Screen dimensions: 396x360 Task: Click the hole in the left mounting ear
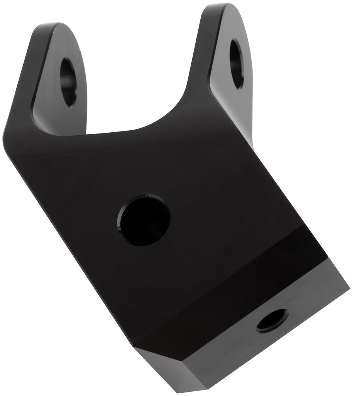tap(69, 82)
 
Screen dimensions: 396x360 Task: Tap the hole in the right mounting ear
tap(237, 64)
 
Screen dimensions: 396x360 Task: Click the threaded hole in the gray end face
tap(272, 320)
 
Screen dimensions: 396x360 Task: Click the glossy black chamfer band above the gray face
tap(232, 294)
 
